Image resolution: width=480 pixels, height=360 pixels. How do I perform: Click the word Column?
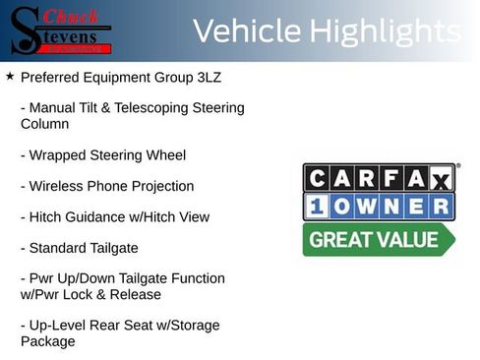tap(45, 125)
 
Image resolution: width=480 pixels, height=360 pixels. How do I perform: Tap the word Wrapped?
tap(56, 155)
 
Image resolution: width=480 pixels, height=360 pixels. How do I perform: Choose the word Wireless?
tap(56, 186)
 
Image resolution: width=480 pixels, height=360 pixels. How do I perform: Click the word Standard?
tap(58, 247)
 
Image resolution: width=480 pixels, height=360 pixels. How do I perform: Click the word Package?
tap(47, 341)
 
